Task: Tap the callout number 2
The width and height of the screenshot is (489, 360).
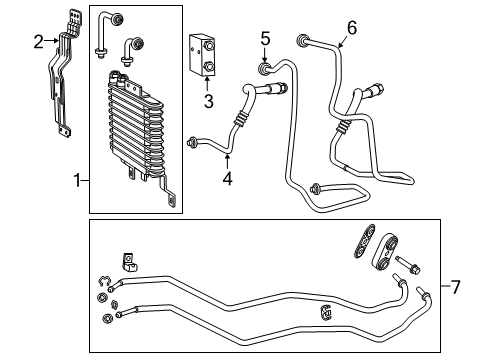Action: (x=38, y=41)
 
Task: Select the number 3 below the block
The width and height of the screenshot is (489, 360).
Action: (x=208, y=102)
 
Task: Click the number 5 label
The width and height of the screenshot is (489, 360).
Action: (x=265, y=38)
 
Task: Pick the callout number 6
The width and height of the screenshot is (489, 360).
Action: (x=351, y=27)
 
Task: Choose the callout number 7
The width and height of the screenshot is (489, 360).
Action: (x=455, y=288)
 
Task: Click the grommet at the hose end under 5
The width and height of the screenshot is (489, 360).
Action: (x=264, y=69)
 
